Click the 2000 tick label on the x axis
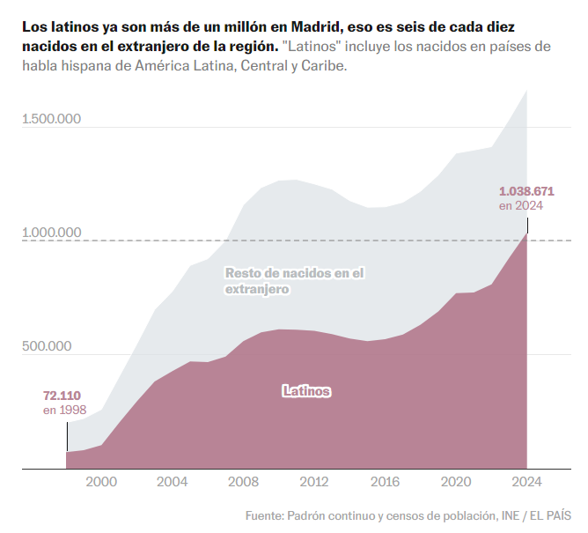tap(101, 482)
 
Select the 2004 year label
tap(172, 482)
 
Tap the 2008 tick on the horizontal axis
tap(243, 482)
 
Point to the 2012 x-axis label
tap(313, 482)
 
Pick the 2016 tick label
tap(385, 482)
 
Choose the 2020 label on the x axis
tap(456, 482)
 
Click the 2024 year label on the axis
tap(526, 482)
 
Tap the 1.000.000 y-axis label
tap(52, 233)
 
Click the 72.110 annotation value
tap(62, 396)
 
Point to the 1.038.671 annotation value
tap(526, 190)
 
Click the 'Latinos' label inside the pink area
tap(306, 390)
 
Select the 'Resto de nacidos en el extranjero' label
tap(294, 280)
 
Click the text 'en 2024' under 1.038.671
tap(521, 205)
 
